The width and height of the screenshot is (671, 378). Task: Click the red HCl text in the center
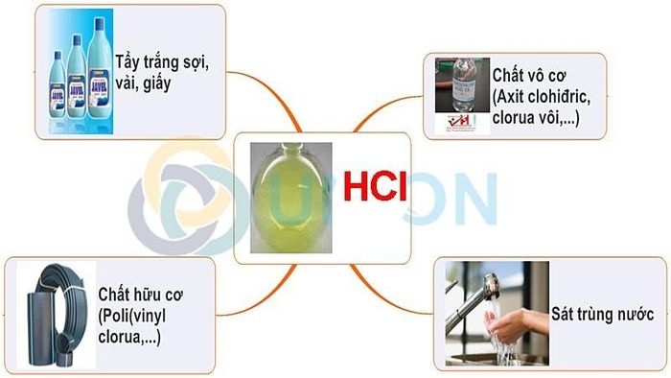[377, 186]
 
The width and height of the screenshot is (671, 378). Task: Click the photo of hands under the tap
[497, 311]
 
